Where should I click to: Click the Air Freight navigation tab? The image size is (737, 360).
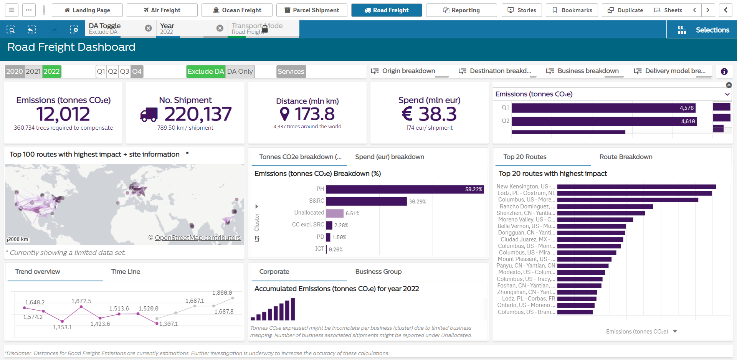pos(162,10)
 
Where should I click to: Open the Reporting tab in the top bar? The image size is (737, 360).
pos(461,10)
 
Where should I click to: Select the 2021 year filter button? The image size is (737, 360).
pos(33,71)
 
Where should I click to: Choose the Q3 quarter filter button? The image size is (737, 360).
pos(124,71)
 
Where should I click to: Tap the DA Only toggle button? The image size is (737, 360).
pos(240,71)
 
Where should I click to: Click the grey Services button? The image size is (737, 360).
pos(291,71)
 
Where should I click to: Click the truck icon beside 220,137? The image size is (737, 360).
pos(149,114)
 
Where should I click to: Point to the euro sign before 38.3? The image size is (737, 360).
pos(407,114)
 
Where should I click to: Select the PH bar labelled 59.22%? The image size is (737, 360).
pos(405,189)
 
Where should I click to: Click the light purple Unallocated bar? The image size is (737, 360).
pos(335,213)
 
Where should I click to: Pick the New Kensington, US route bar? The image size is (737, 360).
pos(636,187)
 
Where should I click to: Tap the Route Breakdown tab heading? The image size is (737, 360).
pos(626,157)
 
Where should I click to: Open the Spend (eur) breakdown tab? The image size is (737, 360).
pos(389,157)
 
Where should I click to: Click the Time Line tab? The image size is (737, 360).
pos(126,271)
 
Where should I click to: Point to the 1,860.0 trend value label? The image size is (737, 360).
pos(222,293)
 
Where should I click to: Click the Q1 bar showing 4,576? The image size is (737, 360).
pos(603,108)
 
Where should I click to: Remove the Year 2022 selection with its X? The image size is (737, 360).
pos(220,28)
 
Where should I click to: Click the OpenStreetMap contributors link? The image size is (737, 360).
pos(197,238)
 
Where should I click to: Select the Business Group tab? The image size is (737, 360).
pos(378,271)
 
